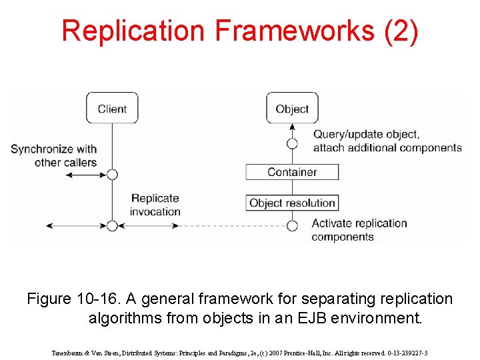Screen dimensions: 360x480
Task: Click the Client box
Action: point(112,108)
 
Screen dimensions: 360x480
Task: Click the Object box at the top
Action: point(292,108)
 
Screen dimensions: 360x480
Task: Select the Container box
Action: point(292,172)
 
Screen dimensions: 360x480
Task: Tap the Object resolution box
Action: point(292,203)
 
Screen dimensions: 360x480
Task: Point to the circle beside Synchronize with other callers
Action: point(112,175)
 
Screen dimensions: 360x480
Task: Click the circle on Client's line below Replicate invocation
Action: point(112,225)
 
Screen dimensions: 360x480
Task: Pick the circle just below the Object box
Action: point(292,143)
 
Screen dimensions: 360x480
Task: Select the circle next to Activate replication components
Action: point(292,225)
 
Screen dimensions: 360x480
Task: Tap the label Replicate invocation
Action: point(155,205)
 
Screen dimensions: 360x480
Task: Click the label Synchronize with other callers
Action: point(53,155)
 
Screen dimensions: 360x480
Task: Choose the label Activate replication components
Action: point(359,229)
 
